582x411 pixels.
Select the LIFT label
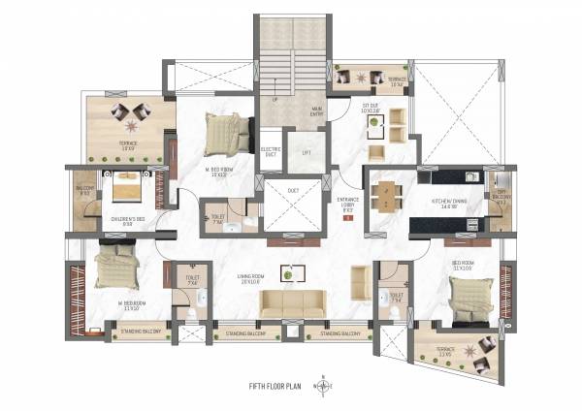point(307,152)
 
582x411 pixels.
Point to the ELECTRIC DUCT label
point(272,152)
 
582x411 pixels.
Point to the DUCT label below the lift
point(293,190)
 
